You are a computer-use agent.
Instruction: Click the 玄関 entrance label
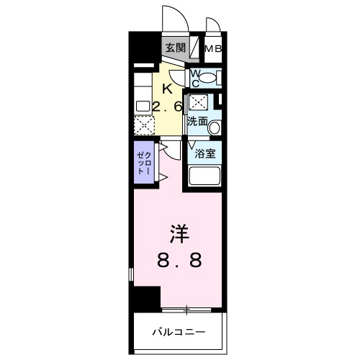[174, 48]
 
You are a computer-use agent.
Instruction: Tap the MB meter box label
[214, 48]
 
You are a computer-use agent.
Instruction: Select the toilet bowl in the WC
[206, 78]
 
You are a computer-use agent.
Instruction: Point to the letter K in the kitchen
[167, 90]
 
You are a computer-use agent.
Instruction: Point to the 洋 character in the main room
[179, 234]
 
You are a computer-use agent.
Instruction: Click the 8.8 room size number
[179, 260]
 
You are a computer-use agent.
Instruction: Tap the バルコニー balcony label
[179, 332]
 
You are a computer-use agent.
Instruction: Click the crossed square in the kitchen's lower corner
[144, 125]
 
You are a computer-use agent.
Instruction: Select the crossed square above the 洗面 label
[198, 102]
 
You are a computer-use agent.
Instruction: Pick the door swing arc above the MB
[213, 24]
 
